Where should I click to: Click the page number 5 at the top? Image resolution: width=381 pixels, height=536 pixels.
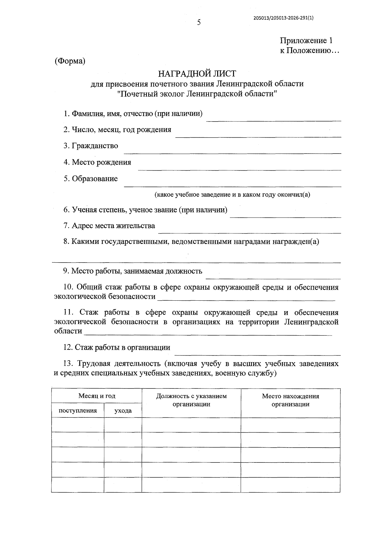(x=199, y=23)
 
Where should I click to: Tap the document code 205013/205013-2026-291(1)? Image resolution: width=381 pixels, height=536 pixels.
(x=283, y=18)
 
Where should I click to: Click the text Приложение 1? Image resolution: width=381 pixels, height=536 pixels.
(x=306, y=41)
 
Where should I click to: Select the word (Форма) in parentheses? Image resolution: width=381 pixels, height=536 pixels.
(x=70, y=61)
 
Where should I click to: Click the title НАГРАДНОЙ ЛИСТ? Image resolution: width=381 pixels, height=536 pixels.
(x=197, y=74)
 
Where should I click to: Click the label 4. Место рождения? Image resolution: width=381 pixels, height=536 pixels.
(x=97, y=162)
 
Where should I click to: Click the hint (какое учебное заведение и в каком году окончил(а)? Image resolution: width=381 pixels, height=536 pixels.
(x=232, y=194)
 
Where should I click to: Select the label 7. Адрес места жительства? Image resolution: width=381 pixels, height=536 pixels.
(x=109, y=226)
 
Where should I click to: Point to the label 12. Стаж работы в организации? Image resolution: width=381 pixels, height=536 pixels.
(x=117, y=348)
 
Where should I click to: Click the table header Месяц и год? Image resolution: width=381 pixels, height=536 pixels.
(x=97, y=396)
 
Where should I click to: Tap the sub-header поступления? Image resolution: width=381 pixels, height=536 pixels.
(x=78, y=411)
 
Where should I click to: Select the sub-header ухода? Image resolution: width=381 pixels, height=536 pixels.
(x=123, y=411)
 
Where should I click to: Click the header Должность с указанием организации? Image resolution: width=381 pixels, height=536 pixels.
(x=191, y=400)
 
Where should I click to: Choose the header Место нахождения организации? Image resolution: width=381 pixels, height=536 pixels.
(x=290, y=400)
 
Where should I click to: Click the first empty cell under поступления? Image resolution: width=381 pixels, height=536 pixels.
(x=78, y=425)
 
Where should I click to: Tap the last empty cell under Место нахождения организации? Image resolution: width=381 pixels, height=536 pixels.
(x=290, y=484)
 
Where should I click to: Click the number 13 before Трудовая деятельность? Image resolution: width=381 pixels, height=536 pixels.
(x=69, y=363)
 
